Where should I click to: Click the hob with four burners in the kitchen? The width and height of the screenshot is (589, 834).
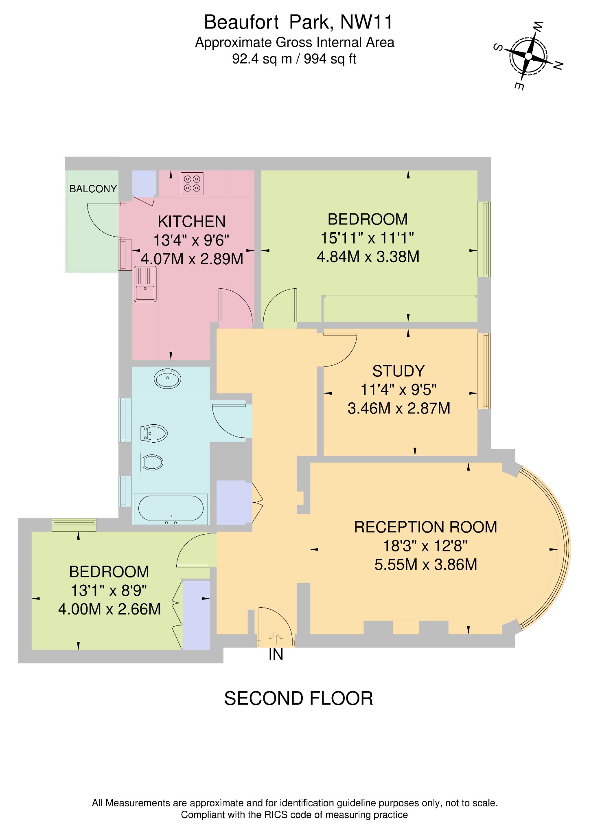[x=192, y=184]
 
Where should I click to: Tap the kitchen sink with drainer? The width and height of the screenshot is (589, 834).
[x=145, y=284]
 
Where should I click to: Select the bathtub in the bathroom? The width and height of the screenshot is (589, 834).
[x=171, y=509]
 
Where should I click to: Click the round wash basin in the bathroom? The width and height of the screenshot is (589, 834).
[x=167, y=379]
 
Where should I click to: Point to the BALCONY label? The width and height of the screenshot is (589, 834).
[x=93, y=189]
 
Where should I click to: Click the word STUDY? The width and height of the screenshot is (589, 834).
[x=398, y=371]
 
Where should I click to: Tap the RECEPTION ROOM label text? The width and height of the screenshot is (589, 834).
[x=425, y=527]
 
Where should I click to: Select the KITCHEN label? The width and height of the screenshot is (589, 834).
[x=191, y=222]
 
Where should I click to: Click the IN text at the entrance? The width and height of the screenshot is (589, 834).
[x=276, y=654]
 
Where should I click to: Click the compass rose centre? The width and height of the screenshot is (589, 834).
[x=528, y=56]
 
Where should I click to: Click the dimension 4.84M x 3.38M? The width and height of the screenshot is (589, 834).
[x=368, y=257]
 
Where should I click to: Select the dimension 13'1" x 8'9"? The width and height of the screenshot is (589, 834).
[x=109, y=590]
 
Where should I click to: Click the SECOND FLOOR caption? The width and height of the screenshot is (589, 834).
[x=298, y=699]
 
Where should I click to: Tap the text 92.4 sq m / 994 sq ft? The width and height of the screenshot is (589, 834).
[x=294, y=59]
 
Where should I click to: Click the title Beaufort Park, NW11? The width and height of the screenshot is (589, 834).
[x=298, y=22]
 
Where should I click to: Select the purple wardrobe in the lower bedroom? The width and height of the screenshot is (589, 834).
[x=197, y=615]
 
